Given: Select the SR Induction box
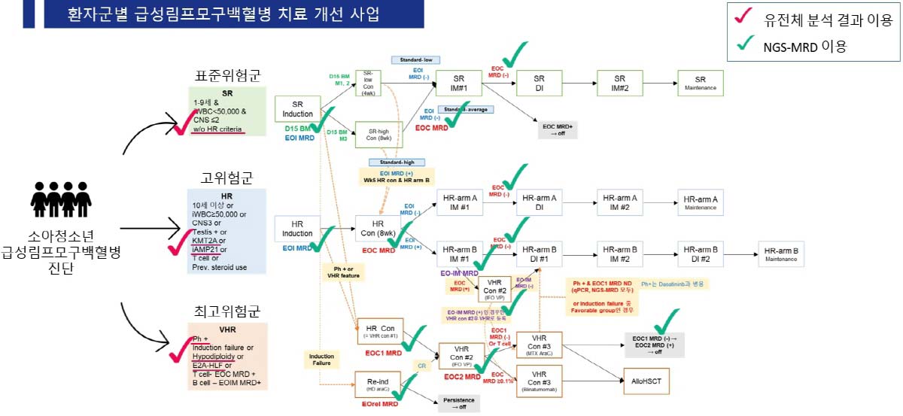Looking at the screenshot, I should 297,109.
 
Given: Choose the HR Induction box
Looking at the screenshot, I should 297,229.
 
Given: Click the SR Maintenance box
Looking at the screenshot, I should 700,83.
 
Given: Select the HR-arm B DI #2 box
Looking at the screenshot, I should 701,254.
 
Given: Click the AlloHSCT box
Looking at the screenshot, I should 646,381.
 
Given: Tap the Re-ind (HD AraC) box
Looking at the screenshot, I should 377,384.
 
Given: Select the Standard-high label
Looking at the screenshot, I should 396,162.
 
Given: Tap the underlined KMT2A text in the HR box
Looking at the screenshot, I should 205,241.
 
